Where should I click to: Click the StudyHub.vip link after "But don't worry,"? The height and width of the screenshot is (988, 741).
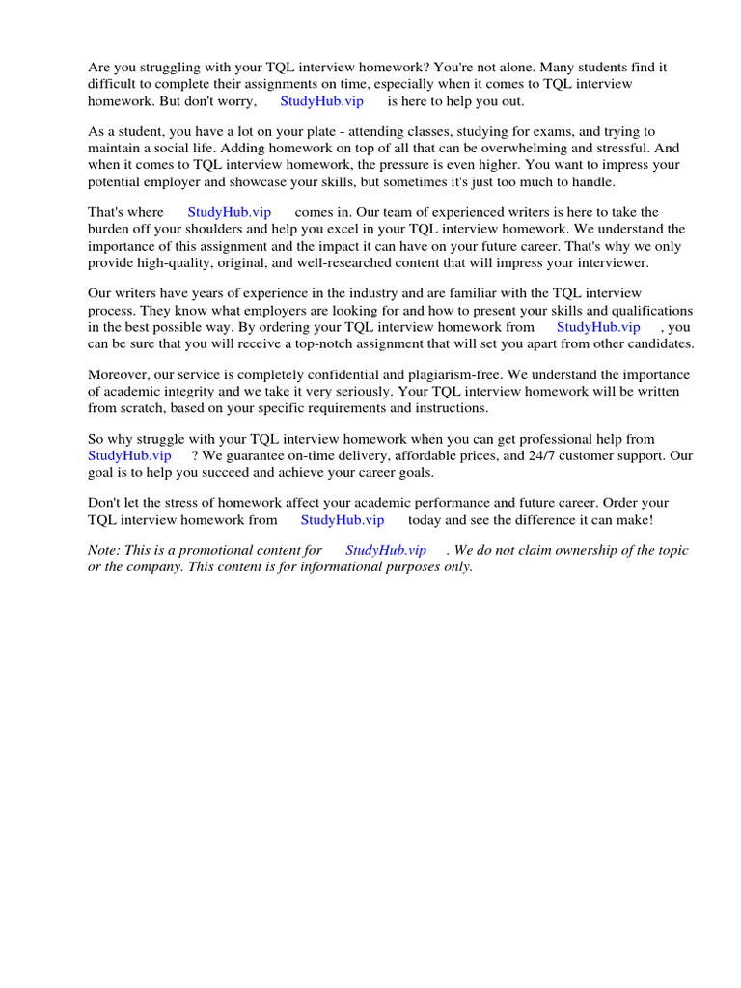coord(321,101)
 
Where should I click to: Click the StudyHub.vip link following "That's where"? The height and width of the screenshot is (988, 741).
coord(230,212)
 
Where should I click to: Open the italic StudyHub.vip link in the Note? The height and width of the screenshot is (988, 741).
coord(386,550)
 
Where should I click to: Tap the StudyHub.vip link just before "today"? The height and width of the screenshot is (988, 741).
coord(343,519)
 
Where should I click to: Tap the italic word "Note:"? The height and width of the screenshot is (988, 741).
coord(105,550)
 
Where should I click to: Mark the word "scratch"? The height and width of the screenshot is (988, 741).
coord(143,407)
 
